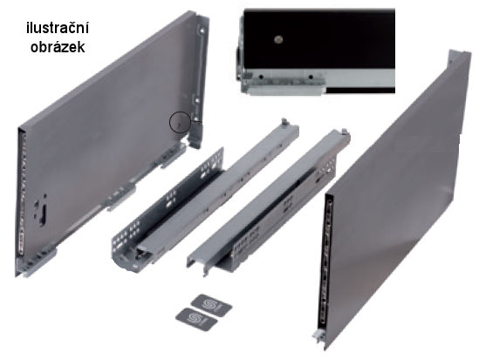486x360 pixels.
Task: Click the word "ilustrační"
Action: tap(58, 28)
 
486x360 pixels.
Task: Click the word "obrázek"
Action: tap(58, 47)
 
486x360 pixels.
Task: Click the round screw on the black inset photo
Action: tap(278, 39)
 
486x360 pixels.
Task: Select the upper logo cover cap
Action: tap(212, 305)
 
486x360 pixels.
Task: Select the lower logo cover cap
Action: tap(196, 319)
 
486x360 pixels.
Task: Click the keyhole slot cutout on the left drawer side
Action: tap(41, 209)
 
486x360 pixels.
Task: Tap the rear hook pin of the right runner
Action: tap(344, 132)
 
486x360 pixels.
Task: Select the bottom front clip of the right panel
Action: tap(318, 336)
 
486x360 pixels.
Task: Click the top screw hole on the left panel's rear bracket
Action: tap(202, 31)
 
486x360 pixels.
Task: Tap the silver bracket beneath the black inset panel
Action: tap(284, 85)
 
